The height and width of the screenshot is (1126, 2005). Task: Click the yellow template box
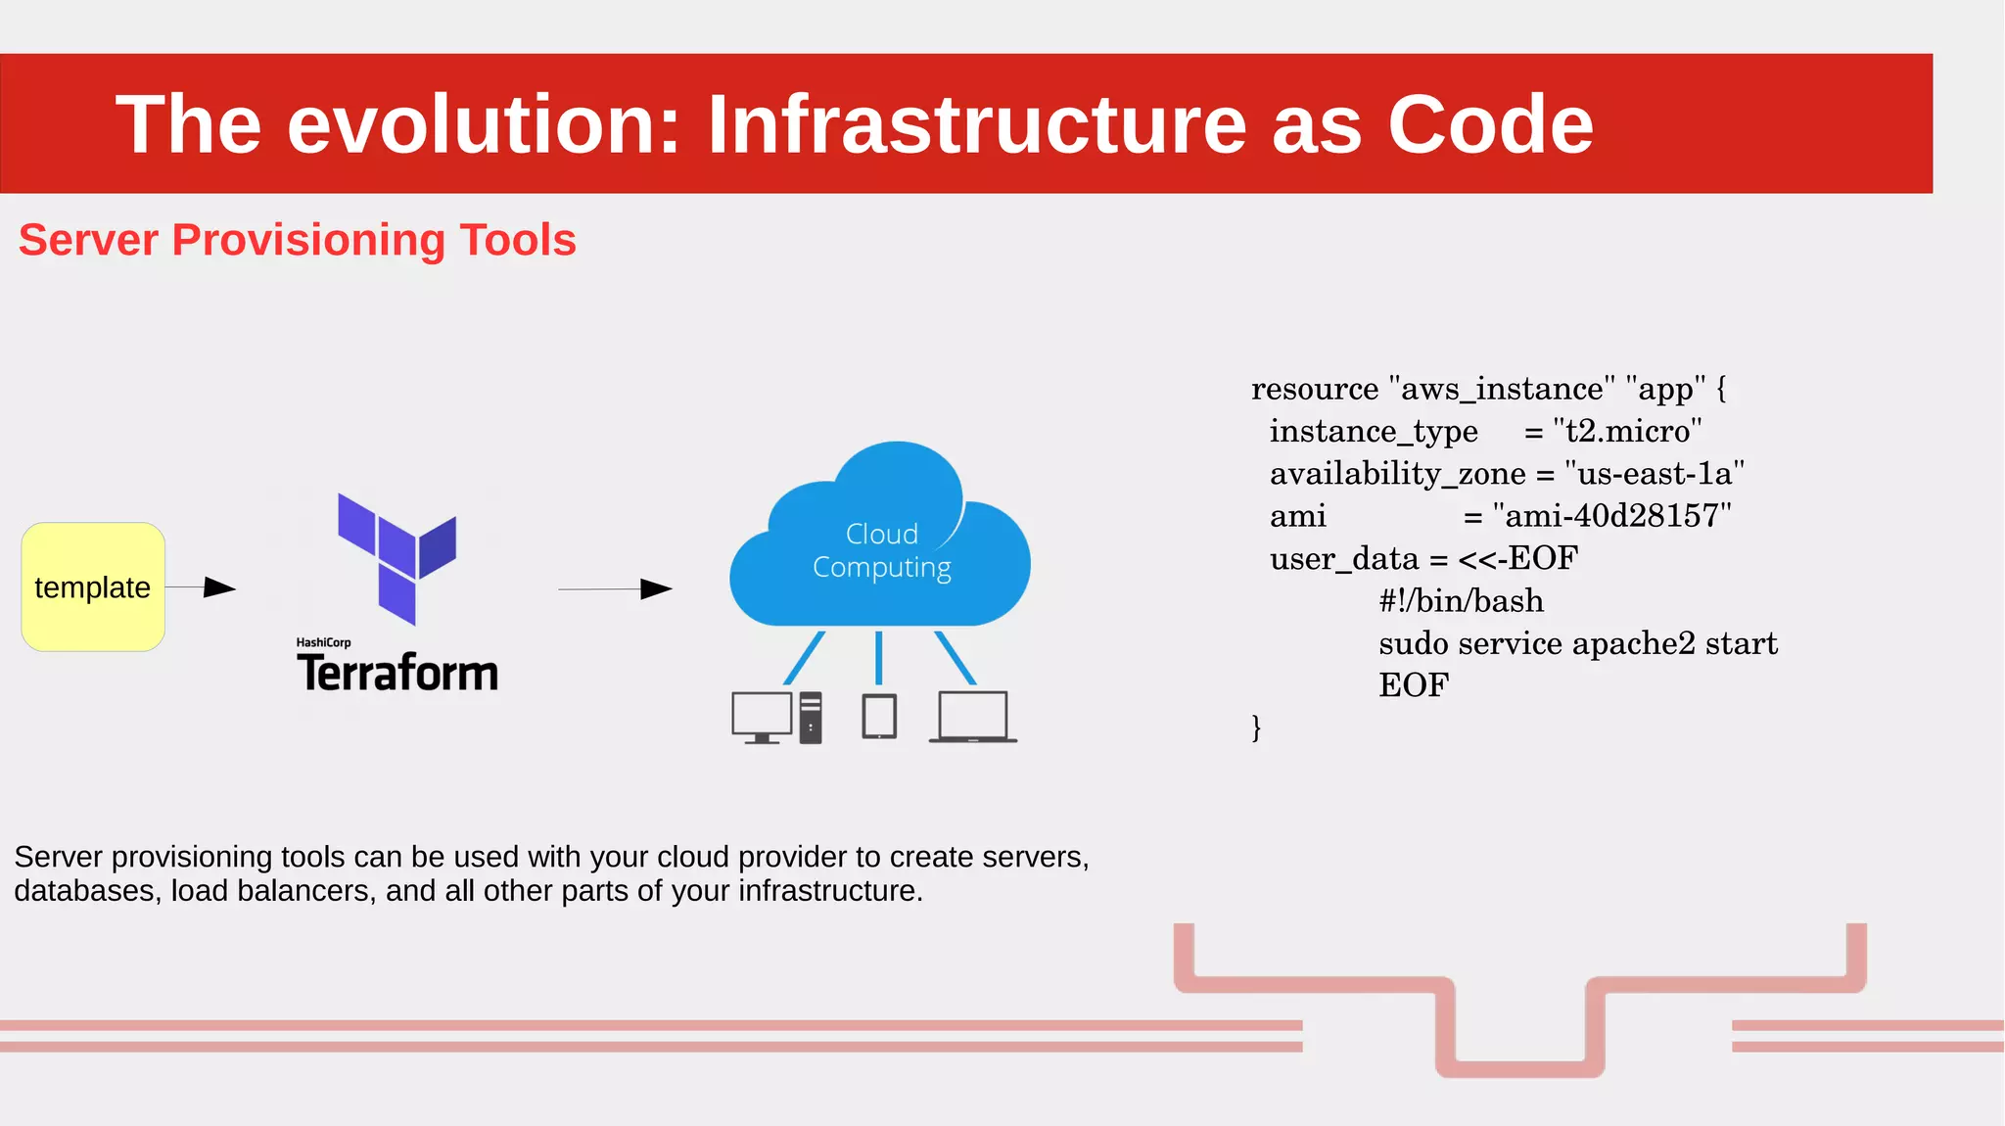point(93,586)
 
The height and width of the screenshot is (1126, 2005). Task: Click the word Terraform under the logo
point(397,674)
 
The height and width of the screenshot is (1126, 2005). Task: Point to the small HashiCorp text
point(323,643)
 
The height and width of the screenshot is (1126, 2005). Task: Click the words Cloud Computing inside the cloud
point(882,550)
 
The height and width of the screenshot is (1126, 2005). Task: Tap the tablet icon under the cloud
point(879,717)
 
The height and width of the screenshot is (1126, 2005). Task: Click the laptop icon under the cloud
point(973,718)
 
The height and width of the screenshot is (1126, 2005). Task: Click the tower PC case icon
point(811,718)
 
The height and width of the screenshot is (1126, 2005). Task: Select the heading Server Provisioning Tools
point(297,240)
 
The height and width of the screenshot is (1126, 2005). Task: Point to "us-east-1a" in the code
point(1655,474)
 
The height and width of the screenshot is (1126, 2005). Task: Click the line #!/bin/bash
point(1461,601)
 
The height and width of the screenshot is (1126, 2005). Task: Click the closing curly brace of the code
point(1256,727)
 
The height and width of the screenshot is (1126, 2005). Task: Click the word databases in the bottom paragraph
point(87,891)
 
